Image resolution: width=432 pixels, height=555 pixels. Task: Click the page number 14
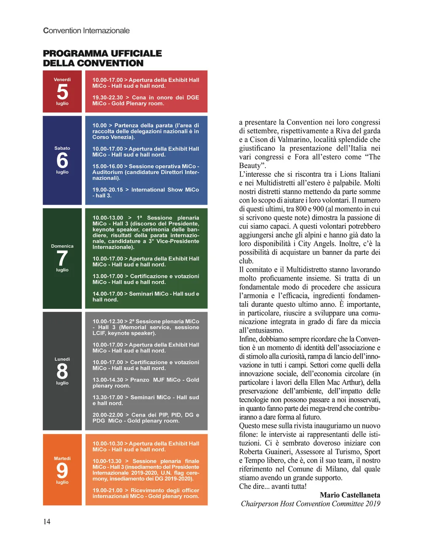click(x=47, y=522)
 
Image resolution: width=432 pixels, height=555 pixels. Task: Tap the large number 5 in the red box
click(x=62, y=92)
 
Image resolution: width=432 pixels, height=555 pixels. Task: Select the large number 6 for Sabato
click(x=62, y=160)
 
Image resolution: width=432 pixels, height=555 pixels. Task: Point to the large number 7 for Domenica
click(x=62, y=258)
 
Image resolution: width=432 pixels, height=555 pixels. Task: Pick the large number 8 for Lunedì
click(x=62, y=371)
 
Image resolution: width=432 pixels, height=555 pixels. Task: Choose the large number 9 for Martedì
click(x=62, y=471)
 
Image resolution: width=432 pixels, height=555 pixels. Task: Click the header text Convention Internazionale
click(x=86, y=30)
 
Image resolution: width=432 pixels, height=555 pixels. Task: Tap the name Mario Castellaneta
click(x=350, y=495)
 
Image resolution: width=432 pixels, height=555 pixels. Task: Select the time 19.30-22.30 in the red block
click(x=108, y=97)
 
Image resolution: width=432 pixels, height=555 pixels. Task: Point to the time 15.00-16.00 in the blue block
click(x=108, y=166)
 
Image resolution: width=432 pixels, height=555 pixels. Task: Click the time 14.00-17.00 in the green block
click(x=108, y=294)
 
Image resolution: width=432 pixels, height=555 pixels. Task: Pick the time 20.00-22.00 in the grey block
click(x=108, y=415)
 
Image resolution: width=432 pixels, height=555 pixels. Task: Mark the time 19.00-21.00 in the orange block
click(x=108, y=490)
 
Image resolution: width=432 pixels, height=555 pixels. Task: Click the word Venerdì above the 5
click(x=62, y=79)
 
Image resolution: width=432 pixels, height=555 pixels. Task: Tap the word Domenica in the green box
click(x=62, y=246)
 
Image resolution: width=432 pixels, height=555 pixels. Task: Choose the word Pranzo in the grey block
click(x=140, y=380)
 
